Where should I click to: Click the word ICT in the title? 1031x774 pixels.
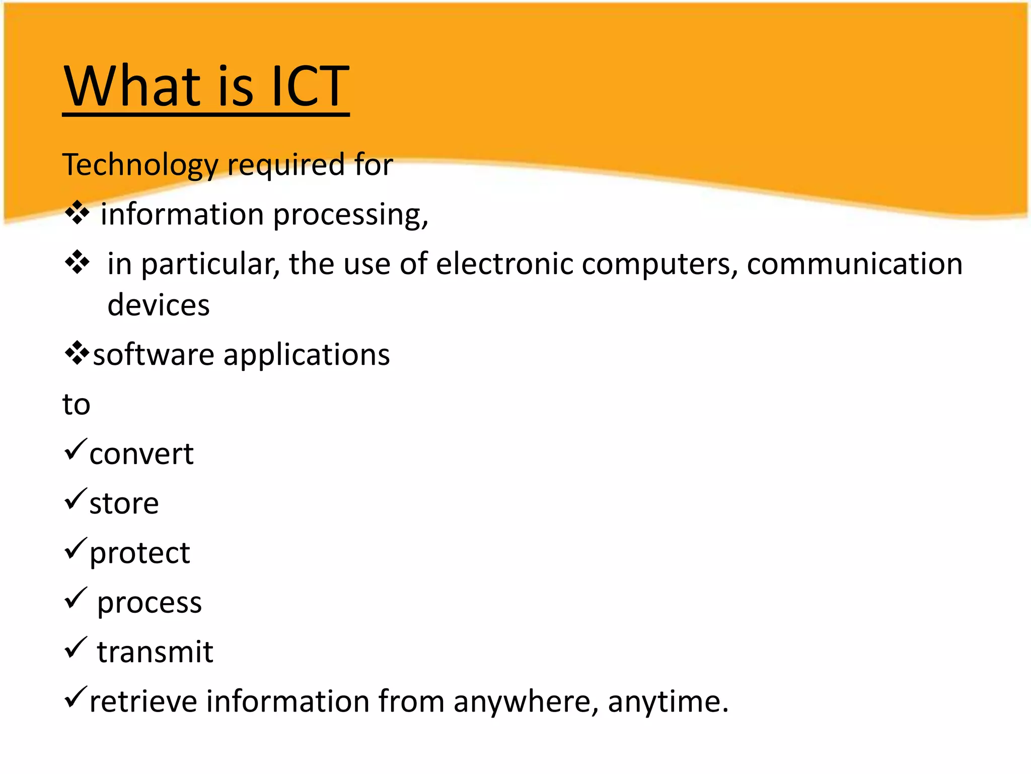point(310,87)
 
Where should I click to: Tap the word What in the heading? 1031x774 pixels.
point(131,87)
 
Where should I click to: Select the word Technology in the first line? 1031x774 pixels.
point(140,165)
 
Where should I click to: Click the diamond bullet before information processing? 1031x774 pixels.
point(77,213)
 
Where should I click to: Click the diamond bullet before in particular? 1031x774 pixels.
point(77,262)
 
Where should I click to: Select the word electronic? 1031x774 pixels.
point(504,264)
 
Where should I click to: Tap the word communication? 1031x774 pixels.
point(854,264)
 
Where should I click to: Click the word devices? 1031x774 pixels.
point(159,305)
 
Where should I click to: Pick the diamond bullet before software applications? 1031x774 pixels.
point(77,353)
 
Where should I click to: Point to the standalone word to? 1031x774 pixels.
point(76,404)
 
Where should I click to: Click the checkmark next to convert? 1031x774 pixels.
point(76,449)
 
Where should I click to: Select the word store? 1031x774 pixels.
point(124,503)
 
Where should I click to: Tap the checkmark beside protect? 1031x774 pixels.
point(76,548)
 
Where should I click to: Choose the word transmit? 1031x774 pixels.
point(155,652)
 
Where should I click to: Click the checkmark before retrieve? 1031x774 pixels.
point(76,697)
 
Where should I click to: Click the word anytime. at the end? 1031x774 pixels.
point(668,702)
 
